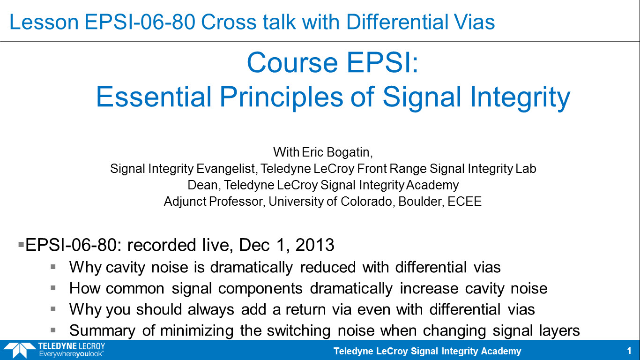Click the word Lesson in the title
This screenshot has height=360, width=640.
click(44, 22)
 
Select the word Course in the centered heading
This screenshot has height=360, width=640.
click(292, 63)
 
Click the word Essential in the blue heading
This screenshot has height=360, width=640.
click(154, 97)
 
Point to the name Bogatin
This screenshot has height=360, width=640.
click(350, 152)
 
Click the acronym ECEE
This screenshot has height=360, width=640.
click(464, 201)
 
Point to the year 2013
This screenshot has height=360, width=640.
click(314, 245)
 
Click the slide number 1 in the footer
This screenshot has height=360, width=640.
click(629, 351)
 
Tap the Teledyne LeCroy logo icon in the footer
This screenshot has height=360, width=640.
click(19, 350)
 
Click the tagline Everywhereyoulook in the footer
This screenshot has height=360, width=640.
click(71, 354)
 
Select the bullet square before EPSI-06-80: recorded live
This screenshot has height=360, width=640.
click(21, 245)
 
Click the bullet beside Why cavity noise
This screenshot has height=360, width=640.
click(53, 267)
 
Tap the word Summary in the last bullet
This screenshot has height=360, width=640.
click(102, 330)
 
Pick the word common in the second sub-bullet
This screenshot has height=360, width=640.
click(135, 288)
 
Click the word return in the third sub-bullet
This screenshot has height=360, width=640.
click(305, 310)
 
